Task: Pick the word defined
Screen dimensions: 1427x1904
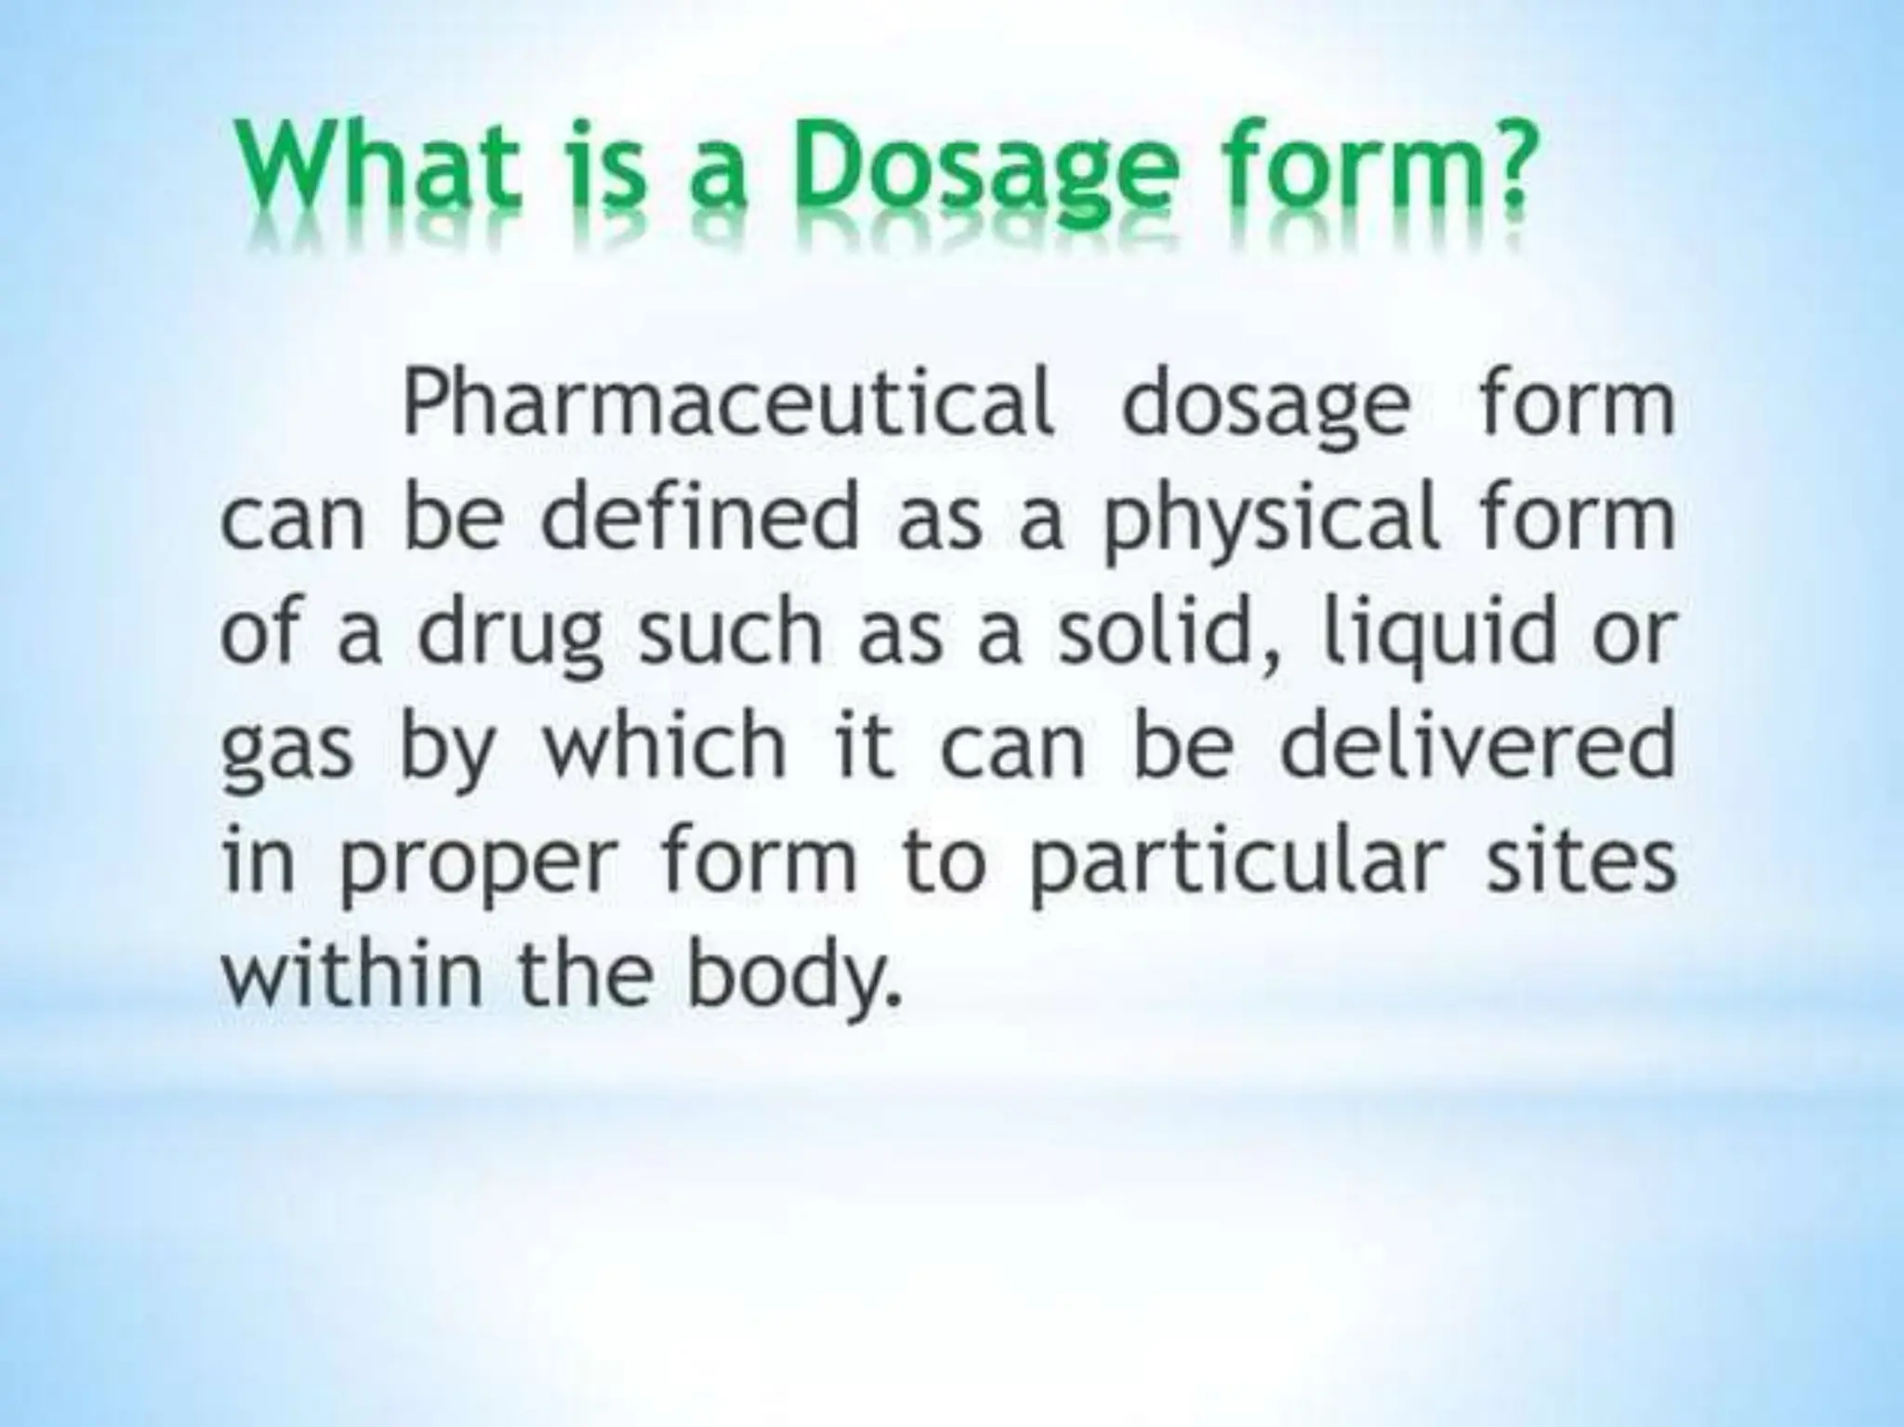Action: [699, 518]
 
